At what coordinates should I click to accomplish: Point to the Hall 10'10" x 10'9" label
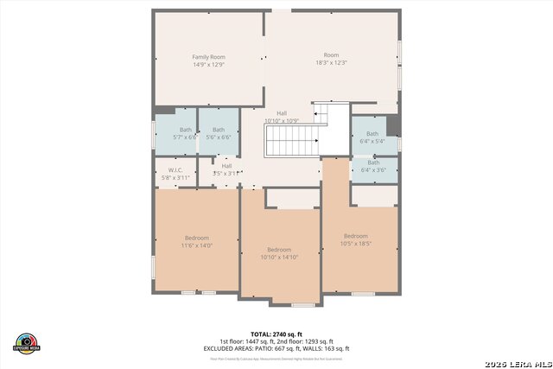pyautogui.click(x=282, y=117)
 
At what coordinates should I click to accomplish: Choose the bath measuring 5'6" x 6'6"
pyautogui.click(x=219, y=133)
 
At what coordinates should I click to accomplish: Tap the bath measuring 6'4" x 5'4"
pyautogui.click(x=372, y=137)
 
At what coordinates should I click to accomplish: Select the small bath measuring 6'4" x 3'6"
pyautogui.click(x=372, y=166)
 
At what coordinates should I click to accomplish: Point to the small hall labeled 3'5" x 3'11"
pyautogui.click(x=226, y=169)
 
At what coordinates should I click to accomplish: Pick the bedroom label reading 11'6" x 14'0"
pyautogui.click(x=196, y=242)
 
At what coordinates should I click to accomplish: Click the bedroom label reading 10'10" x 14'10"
pyautogui.click(x=279, y=252)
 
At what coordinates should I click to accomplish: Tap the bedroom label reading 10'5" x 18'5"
pyautogui.click(x=356, y=240)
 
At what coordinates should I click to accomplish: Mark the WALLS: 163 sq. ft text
pyautogui.click(x=332, y=348)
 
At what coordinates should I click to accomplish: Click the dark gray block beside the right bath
pyautogui.click(x=393, y=125)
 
